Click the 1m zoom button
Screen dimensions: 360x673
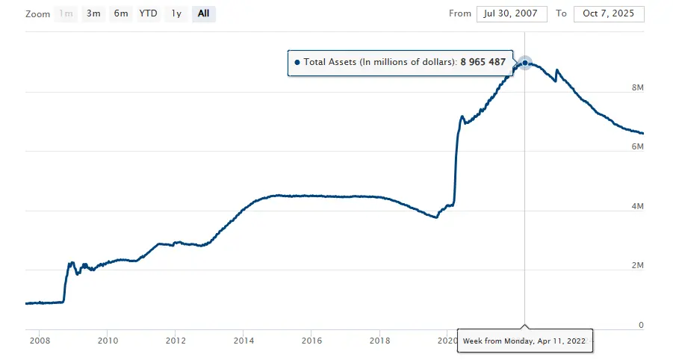point(66,13)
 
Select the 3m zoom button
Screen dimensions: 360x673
point(93,13)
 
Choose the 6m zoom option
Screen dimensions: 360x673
point(120,13)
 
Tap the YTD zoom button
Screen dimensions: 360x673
point(148,13)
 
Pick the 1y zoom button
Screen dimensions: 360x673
point(176,13)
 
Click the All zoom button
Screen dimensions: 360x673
point(203,13)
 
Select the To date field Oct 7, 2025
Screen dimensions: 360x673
point(609,13)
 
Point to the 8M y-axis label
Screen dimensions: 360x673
point(637,87)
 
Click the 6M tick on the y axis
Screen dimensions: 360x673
point(637,146)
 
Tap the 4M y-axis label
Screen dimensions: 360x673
point(637,206)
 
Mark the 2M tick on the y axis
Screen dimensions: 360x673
point(637,265)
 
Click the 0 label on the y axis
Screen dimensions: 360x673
point(640,325)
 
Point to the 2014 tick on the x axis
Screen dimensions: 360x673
point(244,341)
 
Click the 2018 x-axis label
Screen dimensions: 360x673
point(379,341)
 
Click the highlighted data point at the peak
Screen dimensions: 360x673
point(525,63)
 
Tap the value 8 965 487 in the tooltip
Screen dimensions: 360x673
point(488,63)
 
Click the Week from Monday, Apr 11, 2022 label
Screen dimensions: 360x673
point(524,341)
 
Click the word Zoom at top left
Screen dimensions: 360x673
point(37,14)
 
